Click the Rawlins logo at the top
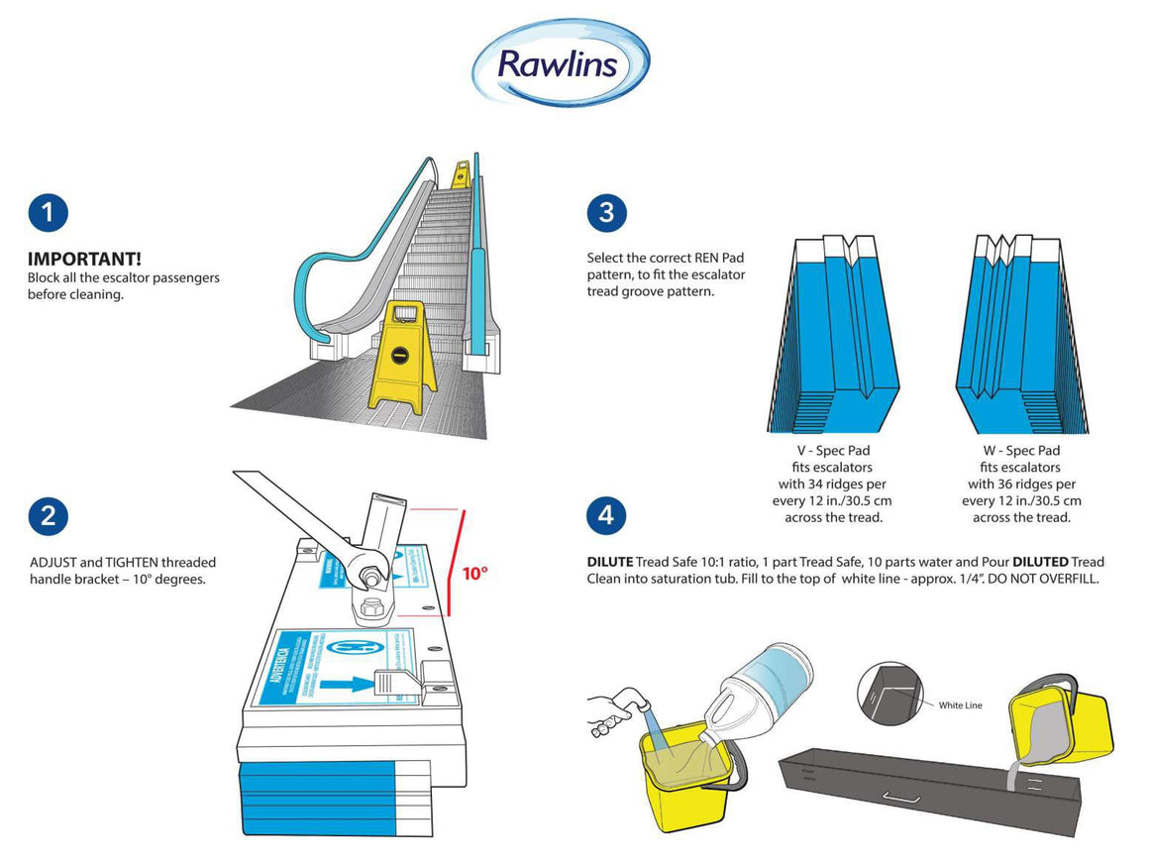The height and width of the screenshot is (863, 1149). tap(560, 62)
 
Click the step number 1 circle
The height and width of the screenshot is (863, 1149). tap(48, 213)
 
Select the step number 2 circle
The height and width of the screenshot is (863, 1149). tap(48, 515)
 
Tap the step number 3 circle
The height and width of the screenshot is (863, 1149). tap(606, 213)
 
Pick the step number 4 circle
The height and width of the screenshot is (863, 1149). tap(606, 515)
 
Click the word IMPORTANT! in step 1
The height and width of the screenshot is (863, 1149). tap(84, 260)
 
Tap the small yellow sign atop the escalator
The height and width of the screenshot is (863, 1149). tap(461, 174)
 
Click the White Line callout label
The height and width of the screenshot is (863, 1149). tap(960, 705)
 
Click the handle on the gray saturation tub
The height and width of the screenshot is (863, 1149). tap(902, 798)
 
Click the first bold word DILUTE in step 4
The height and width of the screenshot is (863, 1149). tap(609, 562)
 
